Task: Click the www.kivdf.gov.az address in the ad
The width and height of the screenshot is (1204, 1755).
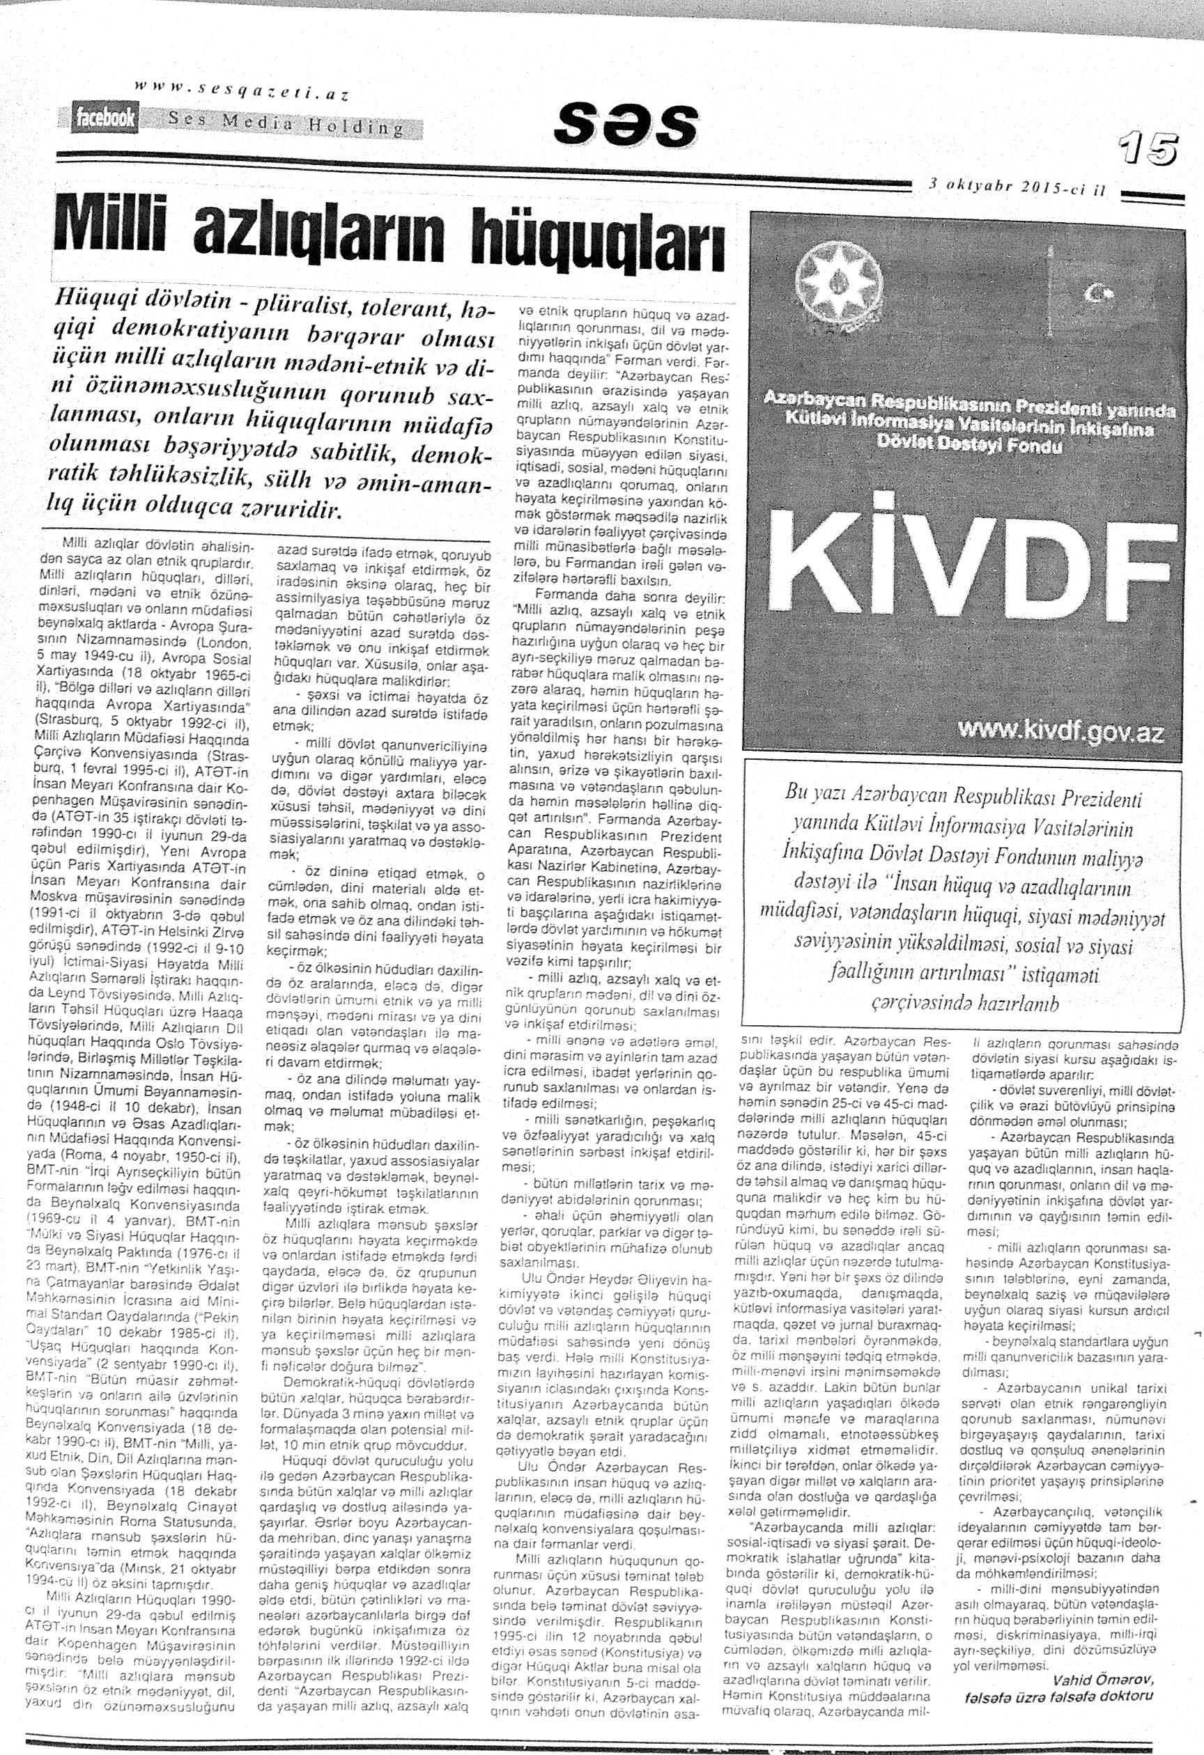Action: (x=1060, y=733)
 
